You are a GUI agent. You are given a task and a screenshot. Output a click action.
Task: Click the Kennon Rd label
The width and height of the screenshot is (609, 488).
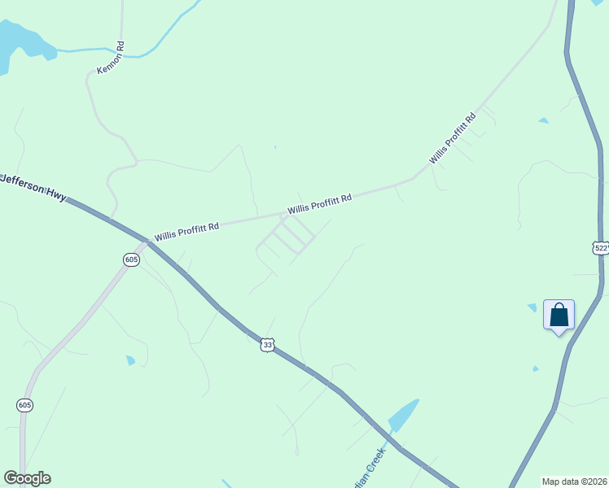[x=111, y=59]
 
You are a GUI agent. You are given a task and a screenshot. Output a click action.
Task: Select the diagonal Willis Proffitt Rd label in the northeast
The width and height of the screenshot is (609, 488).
[x=453, y=139]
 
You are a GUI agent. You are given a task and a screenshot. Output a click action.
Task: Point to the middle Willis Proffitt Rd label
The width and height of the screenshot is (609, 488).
[x=319, y=203]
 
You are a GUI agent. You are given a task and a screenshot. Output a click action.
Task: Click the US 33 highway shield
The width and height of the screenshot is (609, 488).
[x=268, y=346]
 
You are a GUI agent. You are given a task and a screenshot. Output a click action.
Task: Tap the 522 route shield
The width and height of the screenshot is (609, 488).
[x=601, y=248]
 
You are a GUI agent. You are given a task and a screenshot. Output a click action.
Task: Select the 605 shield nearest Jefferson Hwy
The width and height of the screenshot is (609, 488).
[x=132, y=259]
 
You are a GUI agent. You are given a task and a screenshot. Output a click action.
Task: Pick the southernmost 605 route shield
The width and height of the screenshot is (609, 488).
[x=24, y=404]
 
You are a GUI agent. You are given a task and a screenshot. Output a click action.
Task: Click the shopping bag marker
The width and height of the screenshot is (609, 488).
[x=559, y=315]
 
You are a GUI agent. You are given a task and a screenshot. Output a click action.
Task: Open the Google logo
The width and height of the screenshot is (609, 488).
[x=27, y=478]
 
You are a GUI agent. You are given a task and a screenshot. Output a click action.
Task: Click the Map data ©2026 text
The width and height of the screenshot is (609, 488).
[x=575, y=481]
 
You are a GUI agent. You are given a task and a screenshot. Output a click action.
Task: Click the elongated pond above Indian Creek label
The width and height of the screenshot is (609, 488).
[x=404, y=415]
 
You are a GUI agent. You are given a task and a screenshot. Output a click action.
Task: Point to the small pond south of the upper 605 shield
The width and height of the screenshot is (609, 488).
[x=130, y=359]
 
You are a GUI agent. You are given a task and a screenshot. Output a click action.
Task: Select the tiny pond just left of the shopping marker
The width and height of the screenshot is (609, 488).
[x=532, y=307]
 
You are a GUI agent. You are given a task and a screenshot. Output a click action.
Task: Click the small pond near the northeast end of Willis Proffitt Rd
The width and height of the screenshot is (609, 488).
[x=543, y=121]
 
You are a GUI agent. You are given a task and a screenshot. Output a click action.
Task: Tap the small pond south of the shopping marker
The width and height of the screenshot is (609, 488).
[x=535, y=369]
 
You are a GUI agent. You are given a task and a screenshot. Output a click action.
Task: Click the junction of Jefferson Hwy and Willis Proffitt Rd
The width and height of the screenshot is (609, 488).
[x=149, y=241]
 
